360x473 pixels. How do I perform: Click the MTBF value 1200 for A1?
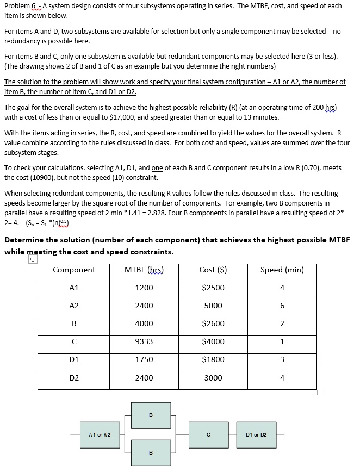(144, 288)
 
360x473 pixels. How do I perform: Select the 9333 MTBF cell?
(144, 341)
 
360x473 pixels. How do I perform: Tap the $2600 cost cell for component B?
(213, 323)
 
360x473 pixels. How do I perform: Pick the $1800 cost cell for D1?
(213, 359)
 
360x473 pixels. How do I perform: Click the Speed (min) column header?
(282, 270)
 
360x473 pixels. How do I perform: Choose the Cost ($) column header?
(213, 270)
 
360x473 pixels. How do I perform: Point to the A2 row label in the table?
(74, 306)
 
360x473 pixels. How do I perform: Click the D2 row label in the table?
(74, 377)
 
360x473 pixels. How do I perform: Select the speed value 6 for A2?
(282, 306)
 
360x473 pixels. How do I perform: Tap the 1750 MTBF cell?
(144, 359)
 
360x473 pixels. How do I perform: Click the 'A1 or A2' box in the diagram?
(99, 435)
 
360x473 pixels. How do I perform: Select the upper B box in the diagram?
(150, 416)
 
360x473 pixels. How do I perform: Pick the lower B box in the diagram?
(150, 452)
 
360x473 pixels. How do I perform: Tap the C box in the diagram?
(208, 435)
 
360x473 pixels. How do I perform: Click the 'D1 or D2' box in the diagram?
(256, 435)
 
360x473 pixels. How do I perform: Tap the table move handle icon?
(33, 260)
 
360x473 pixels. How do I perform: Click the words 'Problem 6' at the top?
(20, 6)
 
